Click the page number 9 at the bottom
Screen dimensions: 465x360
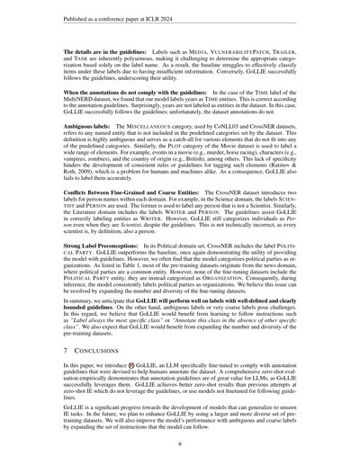[x=180, y=443]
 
